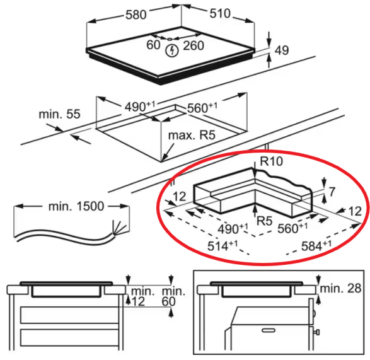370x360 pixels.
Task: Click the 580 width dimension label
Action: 136,15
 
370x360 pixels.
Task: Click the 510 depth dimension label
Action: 220,13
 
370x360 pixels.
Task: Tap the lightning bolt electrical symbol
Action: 172,50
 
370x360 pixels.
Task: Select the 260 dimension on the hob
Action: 194,45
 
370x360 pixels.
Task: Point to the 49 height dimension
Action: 282,50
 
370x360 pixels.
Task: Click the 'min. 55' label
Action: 59,114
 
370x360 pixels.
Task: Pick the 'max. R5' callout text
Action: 192,136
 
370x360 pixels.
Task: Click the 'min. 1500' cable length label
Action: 76,206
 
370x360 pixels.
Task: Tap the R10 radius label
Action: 272,161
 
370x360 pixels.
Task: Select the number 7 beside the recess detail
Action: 332,192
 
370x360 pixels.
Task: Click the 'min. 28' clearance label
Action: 340,289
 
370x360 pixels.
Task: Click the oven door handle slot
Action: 269,330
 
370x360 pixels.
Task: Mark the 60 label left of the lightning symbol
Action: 153,45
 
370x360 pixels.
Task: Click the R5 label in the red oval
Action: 264,221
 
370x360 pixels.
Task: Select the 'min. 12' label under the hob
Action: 141,296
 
